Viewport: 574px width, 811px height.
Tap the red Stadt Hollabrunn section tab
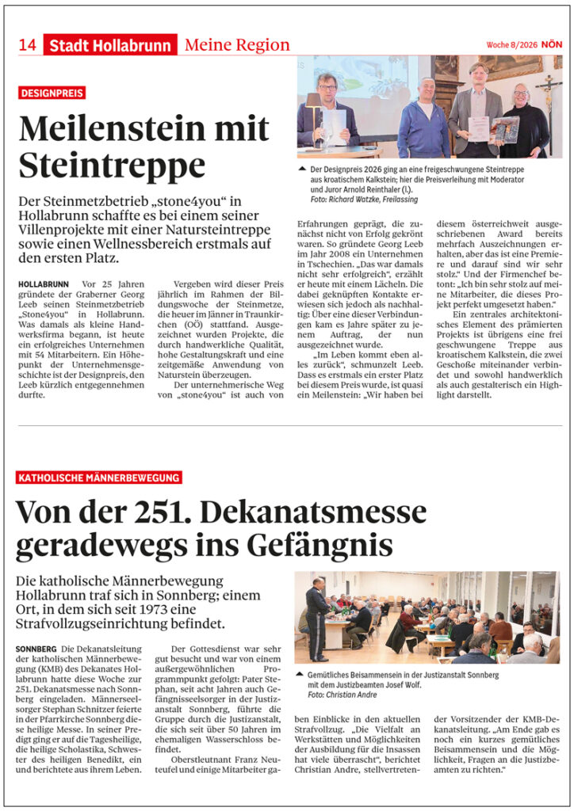(x=110, y=46)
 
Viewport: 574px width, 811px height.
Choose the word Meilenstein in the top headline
(x=105, y=129)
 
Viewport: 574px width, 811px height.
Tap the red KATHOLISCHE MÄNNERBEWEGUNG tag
(x=98, y=478)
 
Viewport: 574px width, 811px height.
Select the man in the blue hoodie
(x=423, y=121)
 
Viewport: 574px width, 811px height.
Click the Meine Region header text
(x=237, y=45)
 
